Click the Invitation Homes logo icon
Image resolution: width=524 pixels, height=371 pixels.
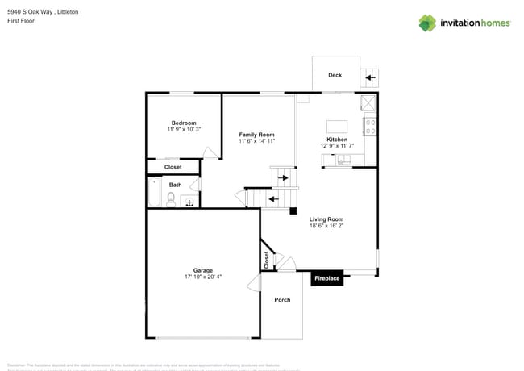[x=426, y=23]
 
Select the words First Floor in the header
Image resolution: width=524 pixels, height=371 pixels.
[x=21, y=21]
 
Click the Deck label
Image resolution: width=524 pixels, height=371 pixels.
[x=335, y=75]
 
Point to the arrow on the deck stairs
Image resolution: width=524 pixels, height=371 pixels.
[x=371, y=78]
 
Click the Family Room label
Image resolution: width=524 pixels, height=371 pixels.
[x=256, y=135]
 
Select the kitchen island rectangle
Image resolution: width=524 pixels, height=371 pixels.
[x=337, y=127]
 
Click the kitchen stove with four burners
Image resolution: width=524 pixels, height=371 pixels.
[x=371, y=126]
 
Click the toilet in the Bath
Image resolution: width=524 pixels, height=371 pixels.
[x=171, y=198]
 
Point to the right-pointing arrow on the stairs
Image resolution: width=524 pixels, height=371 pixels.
[x=283, y=177]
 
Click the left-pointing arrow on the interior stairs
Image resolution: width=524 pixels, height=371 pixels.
[x=273, y=198]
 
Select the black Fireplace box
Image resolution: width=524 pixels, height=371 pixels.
[x=327, y=278]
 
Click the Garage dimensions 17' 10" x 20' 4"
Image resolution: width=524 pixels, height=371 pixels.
[x=202, y=277]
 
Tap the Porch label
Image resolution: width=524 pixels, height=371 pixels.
[x=282, y=300]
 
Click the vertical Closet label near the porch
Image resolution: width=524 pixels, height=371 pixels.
[x=267, y=260]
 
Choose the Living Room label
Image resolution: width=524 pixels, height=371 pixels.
[x=326, y=219]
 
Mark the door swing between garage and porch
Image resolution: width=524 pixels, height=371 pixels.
[x=254, y=281]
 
